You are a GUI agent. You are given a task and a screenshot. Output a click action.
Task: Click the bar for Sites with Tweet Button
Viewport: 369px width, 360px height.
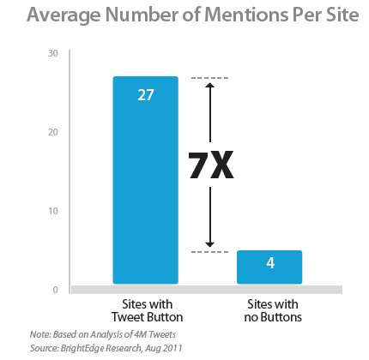pyautogui.click(x=146, y=180)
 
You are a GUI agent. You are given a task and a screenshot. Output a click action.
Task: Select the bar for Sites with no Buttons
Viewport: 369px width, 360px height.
pyautogui.click(x=269, y=267)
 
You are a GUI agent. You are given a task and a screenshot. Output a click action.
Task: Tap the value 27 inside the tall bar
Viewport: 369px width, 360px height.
pyautogui.click(x=146, y=95)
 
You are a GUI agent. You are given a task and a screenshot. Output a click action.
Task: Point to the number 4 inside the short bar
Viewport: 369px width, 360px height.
pyautogui.click(x=270, y=263)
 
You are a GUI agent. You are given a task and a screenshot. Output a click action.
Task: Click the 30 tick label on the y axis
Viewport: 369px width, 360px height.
pyautogui.click(x=53, y=53)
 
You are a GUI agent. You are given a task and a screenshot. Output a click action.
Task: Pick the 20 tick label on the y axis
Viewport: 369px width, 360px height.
pyautogui.click(x=53, y=132)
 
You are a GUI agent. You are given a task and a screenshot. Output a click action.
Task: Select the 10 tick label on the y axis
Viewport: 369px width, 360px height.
pyautogui.click(x=53, y=211)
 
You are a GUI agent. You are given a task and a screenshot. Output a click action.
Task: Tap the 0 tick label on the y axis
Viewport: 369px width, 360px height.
pyautogui.click(x=56, y=290)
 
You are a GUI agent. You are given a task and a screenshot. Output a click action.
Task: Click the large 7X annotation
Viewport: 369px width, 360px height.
pyautogui.click(x=211, y=165)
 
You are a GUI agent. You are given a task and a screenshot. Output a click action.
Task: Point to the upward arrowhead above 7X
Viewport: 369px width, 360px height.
pyautogui.click(x=210, y=86)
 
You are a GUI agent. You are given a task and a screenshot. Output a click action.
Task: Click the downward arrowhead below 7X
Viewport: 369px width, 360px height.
pyautogui.click(x=210, y=244)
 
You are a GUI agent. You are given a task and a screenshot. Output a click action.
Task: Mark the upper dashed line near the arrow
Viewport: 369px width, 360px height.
pyautogui.click(x=209, y=78)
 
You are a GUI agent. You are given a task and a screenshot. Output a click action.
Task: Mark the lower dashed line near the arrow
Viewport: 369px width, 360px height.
pyautogui.click(x=209, y=252)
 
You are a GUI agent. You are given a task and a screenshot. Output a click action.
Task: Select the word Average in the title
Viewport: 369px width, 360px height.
pyautogui.click(x=64, y=15)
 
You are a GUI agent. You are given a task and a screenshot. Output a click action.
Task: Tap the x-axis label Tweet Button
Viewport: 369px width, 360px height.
pyautogui.click(x=147, y=317)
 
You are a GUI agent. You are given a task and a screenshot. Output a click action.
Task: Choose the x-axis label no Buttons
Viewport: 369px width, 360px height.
pyautogui.click(x=273, y=317)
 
